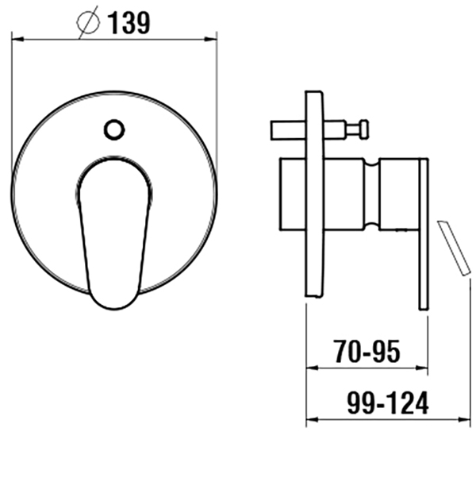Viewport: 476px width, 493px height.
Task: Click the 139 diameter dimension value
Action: tap(129, 23)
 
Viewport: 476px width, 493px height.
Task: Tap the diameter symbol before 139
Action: tap(88, 22)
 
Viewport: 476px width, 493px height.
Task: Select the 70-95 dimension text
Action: tap(367, 351)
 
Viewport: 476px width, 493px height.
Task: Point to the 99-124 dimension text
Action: tap(388, 402)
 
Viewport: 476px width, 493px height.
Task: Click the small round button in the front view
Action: tap(114, 129)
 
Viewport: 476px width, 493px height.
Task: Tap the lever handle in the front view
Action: tap(114, 233)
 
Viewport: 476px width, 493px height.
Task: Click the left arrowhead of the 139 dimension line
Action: tap(17, 40)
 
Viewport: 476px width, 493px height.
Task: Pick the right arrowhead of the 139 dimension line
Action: tap(210, 40)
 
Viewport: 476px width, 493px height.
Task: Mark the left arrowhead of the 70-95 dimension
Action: tap(313, 368)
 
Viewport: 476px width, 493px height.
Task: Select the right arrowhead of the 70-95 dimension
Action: tap(421, 368)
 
